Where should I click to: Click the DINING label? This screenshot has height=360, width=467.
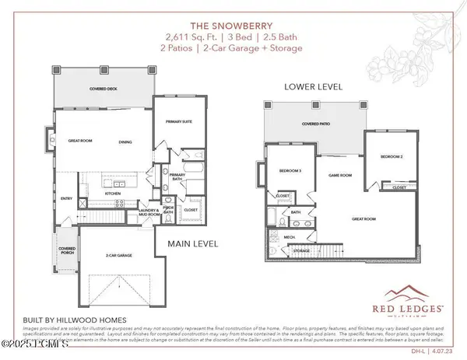tap(125, 141)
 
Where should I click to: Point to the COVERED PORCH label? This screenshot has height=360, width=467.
tap(65, 252)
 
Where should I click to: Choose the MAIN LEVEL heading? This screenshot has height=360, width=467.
tap(191, 243)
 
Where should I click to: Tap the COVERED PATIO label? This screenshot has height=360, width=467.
tap(316, 124)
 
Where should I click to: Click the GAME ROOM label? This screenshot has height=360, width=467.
tap(339, 176)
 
